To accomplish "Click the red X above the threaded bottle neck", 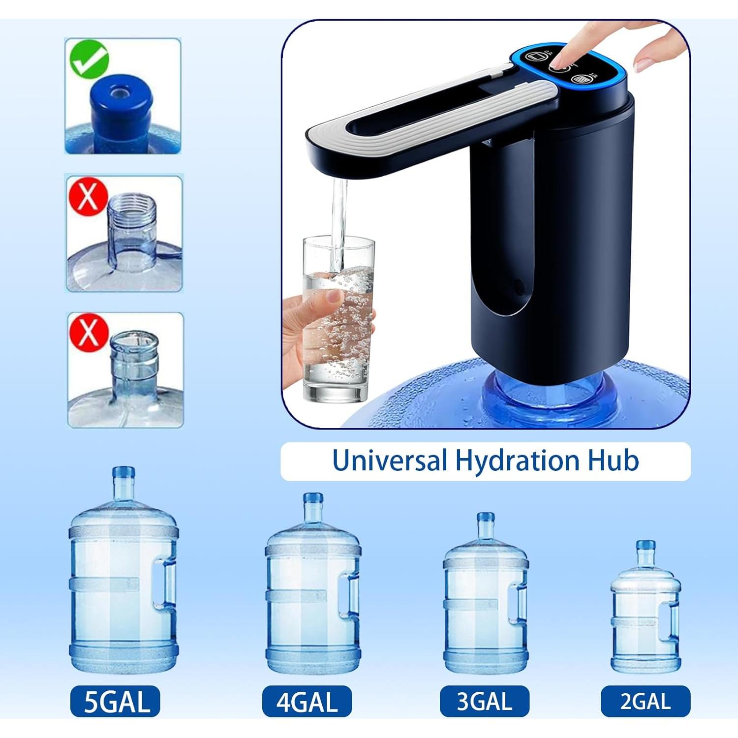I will coord(88,195).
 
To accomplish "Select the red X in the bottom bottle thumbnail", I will coord(89,332).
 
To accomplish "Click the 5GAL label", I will coord(116,701).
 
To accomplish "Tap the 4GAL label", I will coord(307,701).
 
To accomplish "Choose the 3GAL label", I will coord(484,701).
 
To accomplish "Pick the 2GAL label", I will coord(645,701).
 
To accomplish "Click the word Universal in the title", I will coord(390,461).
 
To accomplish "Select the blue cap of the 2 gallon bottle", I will coord(645,545).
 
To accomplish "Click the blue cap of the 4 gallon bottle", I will coord(313,498).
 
